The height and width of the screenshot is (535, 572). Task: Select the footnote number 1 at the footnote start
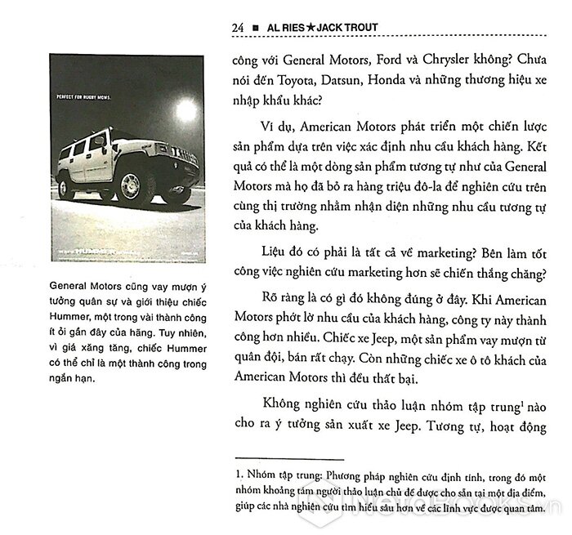click(236, 473)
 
